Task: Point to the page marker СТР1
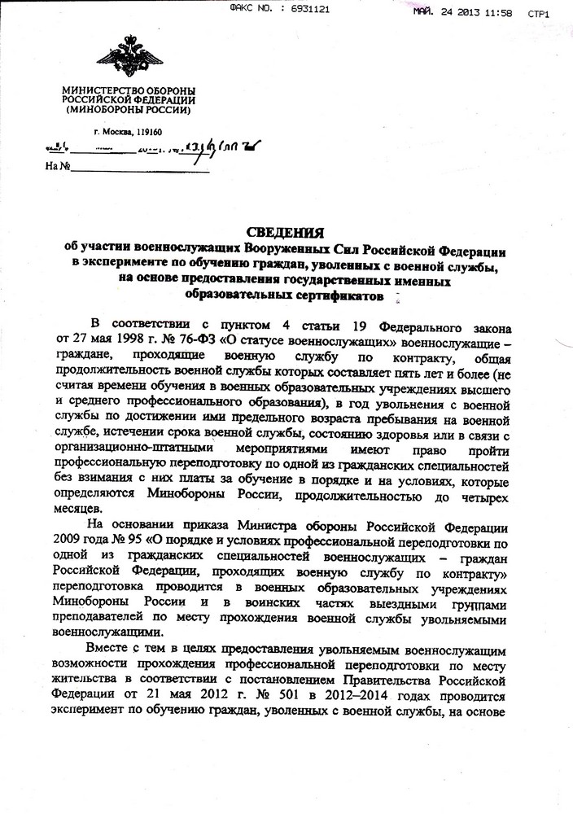coord(540,14)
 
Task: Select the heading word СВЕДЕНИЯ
coord(286,231)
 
